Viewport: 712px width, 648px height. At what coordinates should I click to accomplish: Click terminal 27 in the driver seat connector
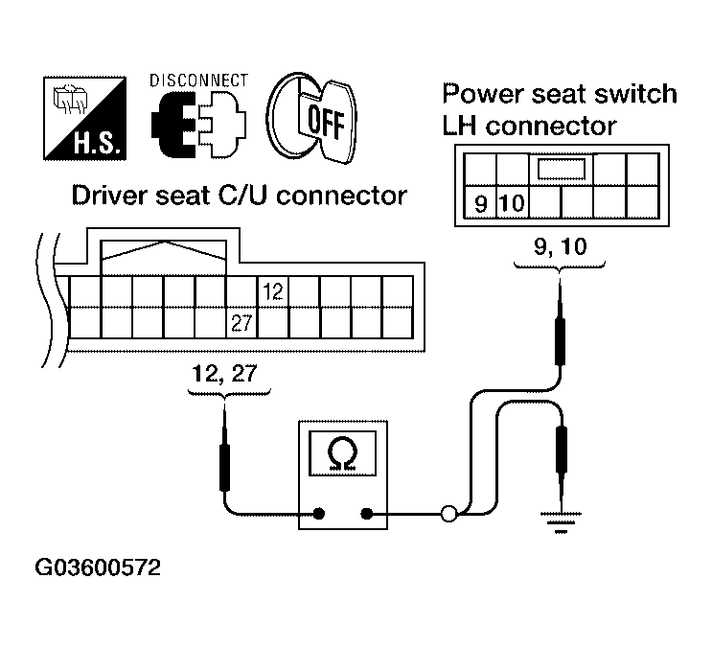point(241,323)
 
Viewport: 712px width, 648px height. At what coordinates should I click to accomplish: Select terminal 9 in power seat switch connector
point(479,203)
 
